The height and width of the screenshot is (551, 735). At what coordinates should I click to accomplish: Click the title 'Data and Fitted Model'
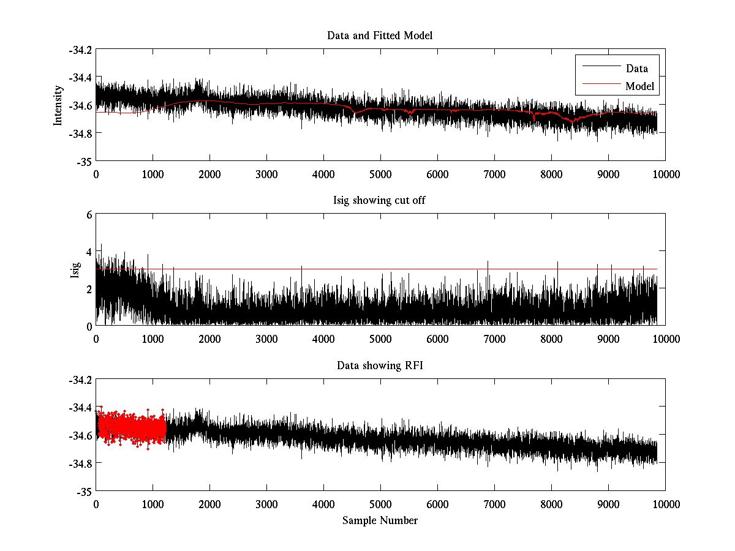click(380, 36)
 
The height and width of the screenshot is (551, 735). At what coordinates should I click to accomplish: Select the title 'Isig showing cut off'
click(380, 201)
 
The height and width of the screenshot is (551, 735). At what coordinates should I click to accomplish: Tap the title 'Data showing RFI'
click(380, 365)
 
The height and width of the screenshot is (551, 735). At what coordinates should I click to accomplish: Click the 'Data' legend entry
click(636, 69)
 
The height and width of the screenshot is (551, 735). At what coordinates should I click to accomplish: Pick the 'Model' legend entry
click(639, 86)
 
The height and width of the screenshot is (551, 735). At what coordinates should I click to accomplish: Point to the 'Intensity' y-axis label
click(58, 105)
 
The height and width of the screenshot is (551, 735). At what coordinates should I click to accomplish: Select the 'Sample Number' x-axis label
click(380, 520)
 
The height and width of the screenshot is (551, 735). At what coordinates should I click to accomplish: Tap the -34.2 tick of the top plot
click(80, 50)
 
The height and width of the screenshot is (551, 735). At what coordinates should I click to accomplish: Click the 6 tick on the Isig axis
click(88, 215)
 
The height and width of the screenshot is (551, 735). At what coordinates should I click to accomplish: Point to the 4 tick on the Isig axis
click(88, 252)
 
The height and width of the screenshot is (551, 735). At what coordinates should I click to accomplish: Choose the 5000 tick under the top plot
click(380, 174)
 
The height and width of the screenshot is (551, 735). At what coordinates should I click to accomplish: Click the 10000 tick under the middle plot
click(665, 339)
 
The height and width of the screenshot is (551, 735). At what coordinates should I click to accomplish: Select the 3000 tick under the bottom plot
click(266, 504)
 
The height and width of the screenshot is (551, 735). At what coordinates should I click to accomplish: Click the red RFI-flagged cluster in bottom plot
click(132, 427)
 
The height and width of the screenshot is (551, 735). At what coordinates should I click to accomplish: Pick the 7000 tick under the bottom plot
click(494, 504)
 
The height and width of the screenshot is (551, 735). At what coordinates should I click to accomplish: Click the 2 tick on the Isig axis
click(88, 288)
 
